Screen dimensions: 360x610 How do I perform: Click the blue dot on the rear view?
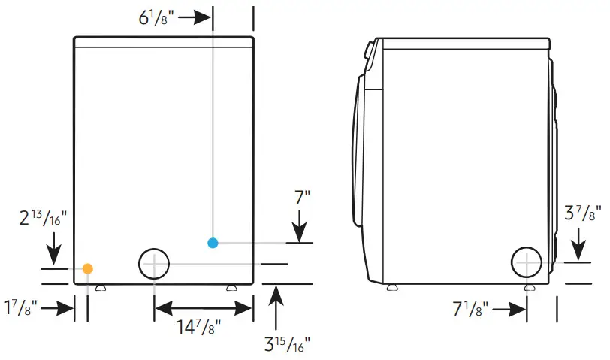pyautogui.click(x=213, y=243)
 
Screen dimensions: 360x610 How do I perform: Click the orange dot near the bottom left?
pyautogui.click(x=88, y=268)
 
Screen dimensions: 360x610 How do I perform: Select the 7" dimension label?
pyautogui.click(x=302, y=199)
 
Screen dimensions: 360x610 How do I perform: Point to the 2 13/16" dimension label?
pyautogui.click(x=42, y=218)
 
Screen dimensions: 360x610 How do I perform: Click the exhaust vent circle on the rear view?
pyautogui.click(x=154, y=264)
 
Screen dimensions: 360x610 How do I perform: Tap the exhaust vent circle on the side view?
pyautogui.click(x=527, y=263)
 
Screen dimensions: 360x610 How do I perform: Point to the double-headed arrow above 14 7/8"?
pyautogui.click(x=202, y=307)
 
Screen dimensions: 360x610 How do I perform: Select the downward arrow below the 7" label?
pyautogui.click(x=299, y=227)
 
